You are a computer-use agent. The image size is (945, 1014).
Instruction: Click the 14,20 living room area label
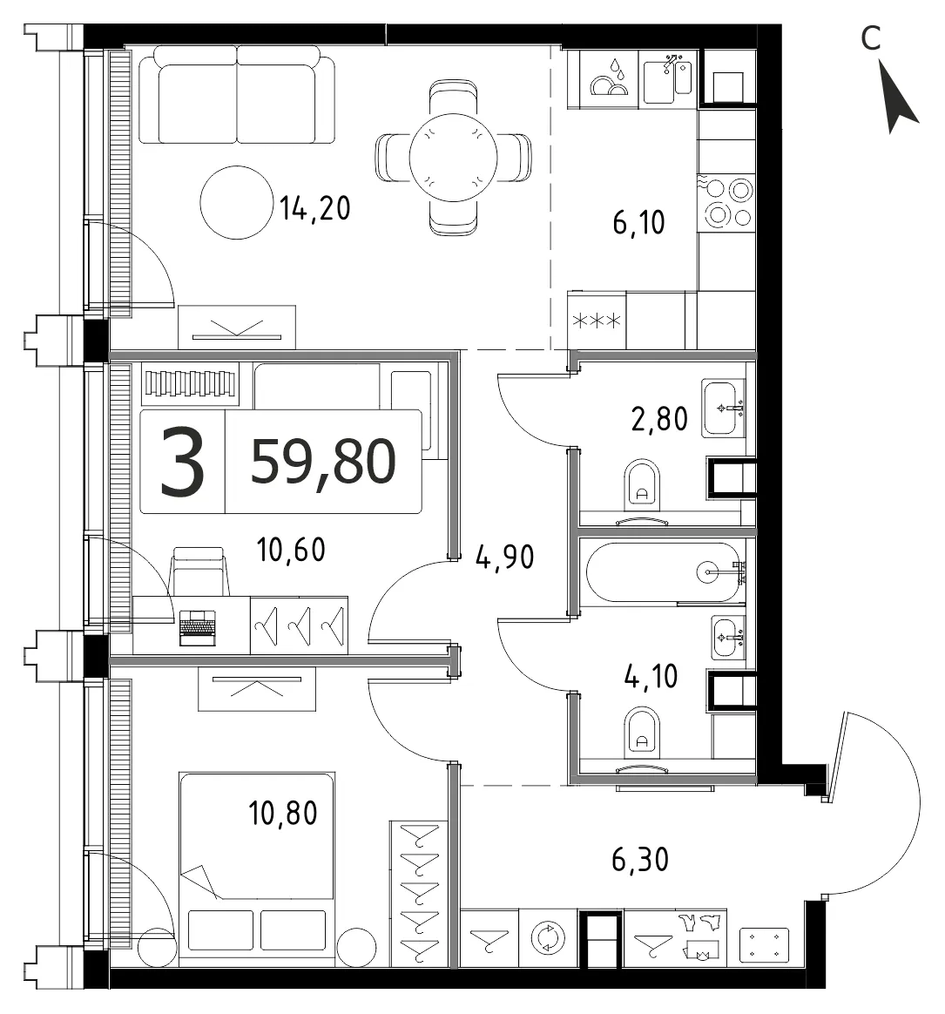pyautogui.click(x=314, y=208)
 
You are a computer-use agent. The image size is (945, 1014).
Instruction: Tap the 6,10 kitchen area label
pyautogui.click(x=638, y=222)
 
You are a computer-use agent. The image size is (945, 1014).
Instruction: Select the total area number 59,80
pyautogui.click(x=322, y=462)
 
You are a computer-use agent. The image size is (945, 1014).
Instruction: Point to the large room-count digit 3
pyautogui.click(x=182, y=462)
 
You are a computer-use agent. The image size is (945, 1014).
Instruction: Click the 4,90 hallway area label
pyautogui.click(x=505, y=557)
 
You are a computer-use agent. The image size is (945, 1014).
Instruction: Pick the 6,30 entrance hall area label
pyautogui.click(x=640, y=860)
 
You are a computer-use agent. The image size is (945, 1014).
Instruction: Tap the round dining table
pyautogui.click(x=453, y=157)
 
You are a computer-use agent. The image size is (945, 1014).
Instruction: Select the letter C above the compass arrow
pyautogui.click(x=871, y=38)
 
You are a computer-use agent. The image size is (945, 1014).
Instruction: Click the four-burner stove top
pyautogui.click(x=726, y=202)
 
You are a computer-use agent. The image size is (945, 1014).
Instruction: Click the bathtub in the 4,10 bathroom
pyautogui.click(x=663, y=572)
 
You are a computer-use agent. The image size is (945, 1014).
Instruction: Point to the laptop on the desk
pyautogui.click(x=197, y=628)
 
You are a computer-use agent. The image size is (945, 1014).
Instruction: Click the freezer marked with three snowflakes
pyautogui.click(x=597, y=320)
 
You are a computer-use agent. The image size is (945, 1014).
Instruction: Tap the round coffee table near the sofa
pyautogui.click(x=237, y=202)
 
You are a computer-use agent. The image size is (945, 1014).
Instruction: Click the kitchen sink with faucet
pyautogui.click(x=668, y=78)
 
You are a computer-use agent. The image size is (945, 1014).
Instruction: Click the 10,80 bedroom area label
pyautogui.click(x=282, y=813)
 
